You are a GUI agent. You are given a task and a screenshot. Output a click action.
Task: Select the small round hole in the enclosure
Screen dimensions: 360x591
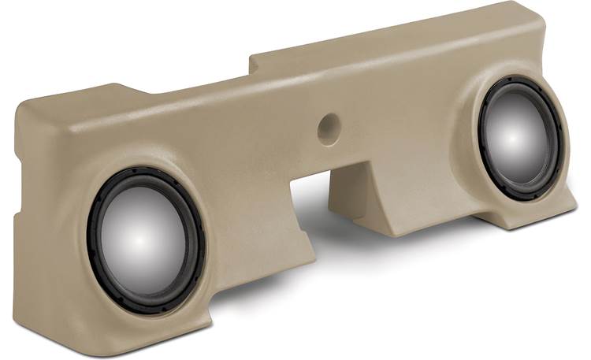click(329, 128)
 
